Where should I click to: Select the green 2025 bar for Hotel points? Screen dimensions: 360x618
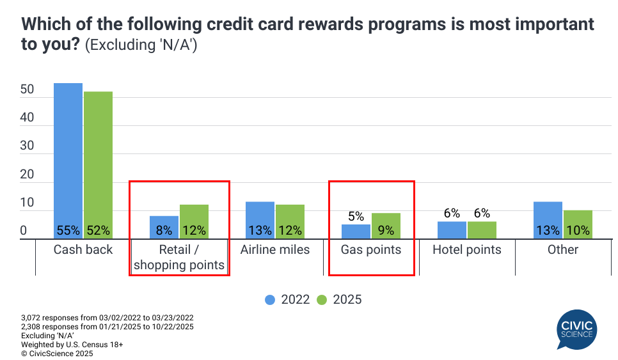click(482, 227)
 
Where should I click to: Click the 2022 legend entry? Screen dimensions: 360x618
click(288, 299)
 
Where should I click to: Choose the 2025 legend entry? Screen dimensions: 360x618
click(339, 299)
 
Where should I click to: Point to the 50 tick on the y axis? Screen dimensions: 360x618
click(27, 90)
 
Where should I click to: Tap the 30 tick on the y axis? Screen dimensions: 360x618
click(27, 146)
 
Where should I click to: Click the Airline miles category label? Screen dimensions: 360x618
click(275, 249)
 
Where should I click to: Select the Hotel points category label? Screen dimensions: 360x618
click(467, 249)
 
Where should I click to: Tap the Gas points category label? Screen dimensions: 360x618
click(371, 249)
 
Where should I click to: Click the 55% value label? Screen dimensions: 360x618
click(68, 230)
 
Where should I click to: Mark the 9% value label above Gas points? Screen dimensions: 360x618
click(386, 230)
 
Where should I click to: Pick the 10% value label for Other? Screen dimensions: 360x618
click(578, 230)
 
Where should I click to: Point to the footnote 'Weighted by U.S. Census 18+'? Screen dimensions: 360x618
click(72, 344)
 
